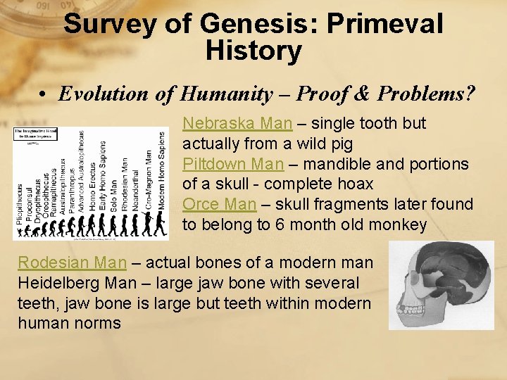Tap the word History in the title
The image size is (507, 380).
pos(254,51)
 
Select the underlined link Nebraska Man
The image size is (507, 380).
pos(237,124)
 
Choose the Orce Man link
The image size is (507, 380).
pos(219,205)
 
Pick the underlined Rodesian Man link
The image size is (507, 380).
pos(72,263)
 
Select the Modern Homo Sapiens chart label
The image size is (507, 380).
pos(161,172)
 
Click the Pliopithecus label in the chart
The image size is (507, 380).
pos(19,204)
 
